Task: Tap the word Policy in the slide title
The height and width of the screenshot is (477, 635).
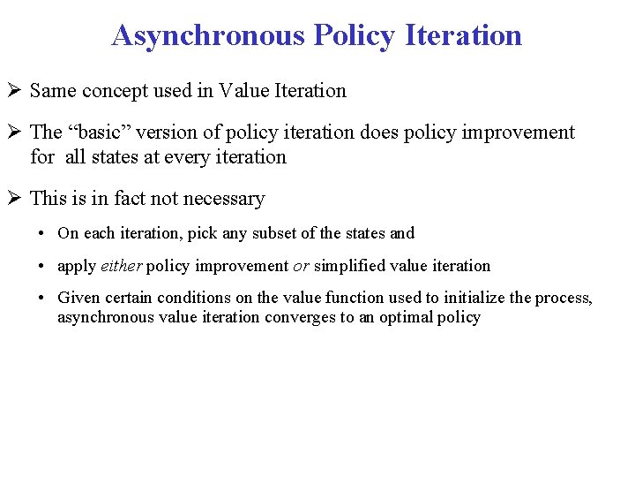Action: click(x=349, y=35)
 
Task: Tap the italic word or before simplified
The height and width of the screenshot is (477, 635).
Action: click(x=301, y=266)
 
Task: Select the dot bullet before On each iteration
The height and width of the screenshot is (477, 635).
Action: click(x=42, y=234)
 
